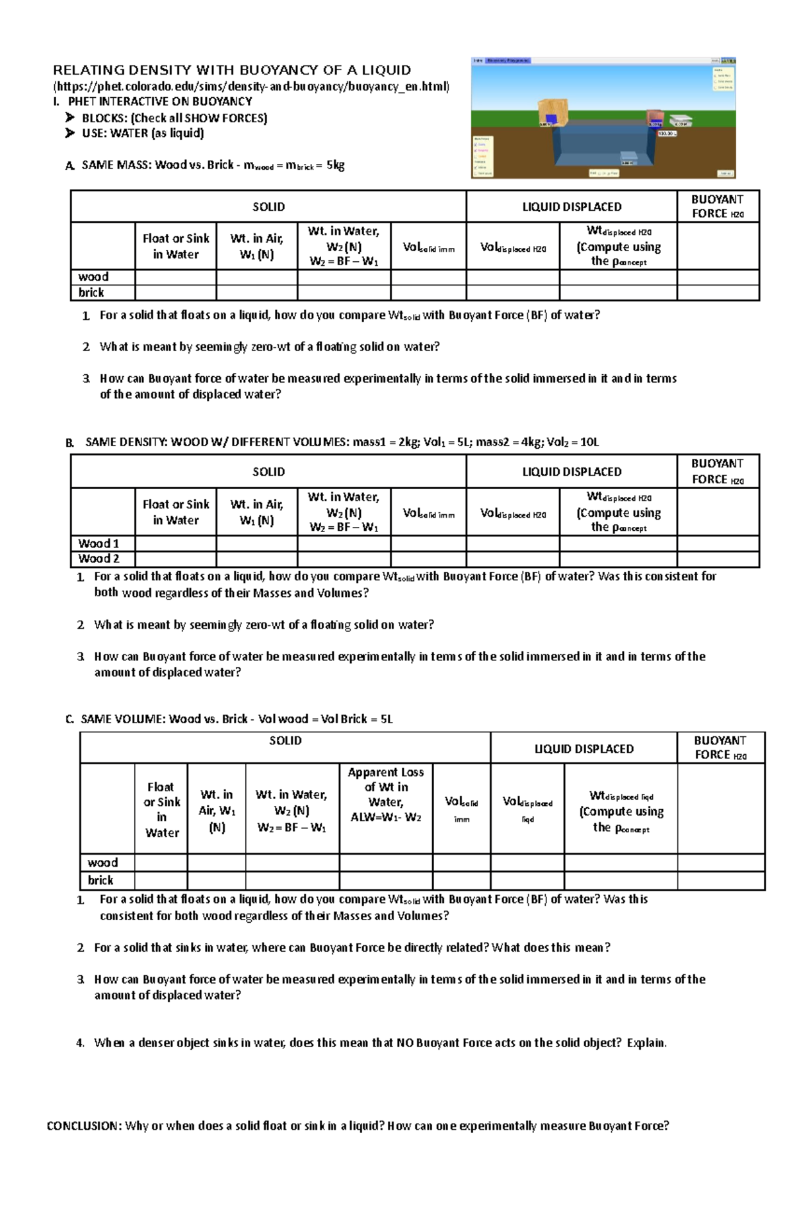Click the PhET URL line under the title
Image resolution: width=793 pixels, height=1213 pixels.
click(251, 87)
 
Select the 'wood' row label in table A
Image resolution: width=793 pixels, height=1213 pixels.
click(93, 277)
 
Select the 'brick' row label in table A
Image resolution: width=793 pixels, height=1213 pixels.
click(91, 293)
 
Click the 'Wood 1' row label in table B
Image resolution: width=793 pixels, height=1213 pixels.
click(98, 543)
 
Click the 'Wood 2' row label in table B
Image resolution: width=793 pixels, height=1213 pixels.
click(98, 559)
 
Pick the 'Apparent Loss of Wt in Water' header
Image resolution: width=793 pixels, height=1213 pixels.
click(386, 794)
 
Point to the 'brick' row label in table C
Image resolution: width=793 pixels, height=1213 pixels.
click(100, 880)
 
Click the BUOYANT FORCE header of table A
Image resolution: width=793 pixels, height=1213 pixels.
click(718, 206)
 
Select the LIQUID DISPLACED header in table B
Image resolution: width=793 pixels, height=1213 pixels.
click(572, 472)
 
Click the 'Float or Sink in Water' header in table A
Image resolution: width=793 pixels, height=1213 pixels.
click(176, 246)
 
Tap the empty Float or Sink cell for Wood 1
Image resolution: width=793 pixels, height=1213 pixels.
click(176, 543)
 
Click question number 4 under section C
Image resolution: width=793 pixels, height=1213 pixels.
click(80, 1043)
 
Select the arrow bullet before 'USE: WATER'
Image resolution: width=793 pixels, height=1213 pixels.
click(70, 134)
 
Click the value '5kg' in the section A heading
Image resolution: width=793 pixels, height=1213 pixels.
click(335, 165)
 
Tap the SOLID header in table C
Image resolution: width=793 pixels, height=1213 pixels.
click(285, 741)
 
